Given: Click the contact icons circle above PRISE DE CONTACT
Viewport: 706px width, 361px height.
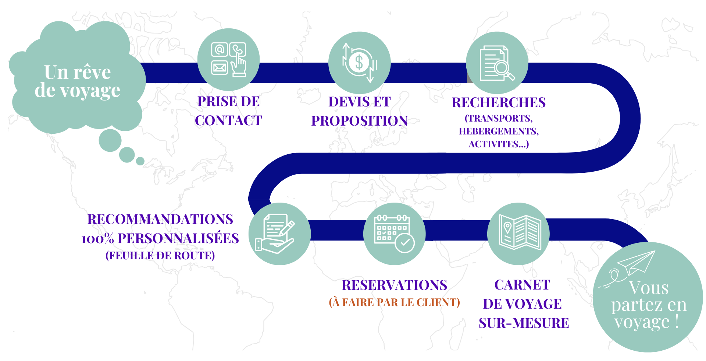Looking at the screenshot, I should pyautogui.click(x=228, y=60).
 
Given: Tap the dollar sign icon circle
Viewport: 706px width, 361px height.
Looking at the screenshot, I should pyautogui.click(x=359, y=63).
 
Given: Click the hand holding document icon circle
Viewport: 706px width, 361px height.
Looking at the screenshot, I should pyautogui.click(x=279, y=234).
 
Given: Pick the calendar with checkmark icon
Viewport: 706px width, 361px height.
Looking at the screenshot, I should pyautogui.click(x=394, y=234).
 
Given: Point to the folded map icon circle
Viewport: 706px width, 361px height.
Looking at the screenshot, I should pyautogui.click(x=518, y=234).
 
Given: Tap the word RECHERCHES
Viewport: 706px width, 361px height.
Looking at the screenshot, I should pyautogui.click(x=499, y=102).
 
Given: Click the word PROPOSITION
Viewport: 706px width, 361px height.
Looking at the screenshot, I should pyautogui.click(x=359, y=121).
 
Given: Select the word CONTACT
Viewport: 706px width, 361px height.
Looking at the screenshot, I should pyautogui.click(x=228, y=120).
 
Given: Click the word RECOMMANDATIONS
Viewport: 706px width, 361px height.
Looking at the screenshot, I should pyautogui.click(x=160, y=219).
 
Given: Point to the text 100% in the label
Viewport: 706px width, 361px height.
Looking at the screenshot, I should pyautogui.click(x=97, y=239).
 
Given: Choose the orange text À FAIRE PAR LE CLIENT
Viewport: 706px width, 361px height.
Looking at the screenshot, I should pyautogui.click(x=394, y=302).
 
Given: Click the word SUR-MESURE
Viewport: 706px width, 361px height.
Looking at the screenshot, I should pyautogui.click(x=524, y=323).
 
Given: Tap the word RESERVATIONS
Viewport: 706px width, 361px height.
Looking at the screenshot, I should pyautogui.click(x=394, y=285).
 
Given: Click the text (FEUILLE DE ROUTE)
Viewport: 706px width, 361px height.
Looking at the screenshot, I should pyautogui.click(x=160, y=256).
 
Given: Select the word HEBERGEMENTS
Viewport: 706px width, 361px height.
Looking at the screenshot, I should pyautogui.click(x=499, y=131).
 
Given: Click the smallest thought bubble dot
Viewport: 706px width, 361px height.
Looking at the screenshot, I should pyautogui.click(x=140, y=161).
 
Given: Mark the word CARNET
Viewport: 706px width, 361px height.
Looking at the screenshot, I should pyautogui.click(x=522, y=285).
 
